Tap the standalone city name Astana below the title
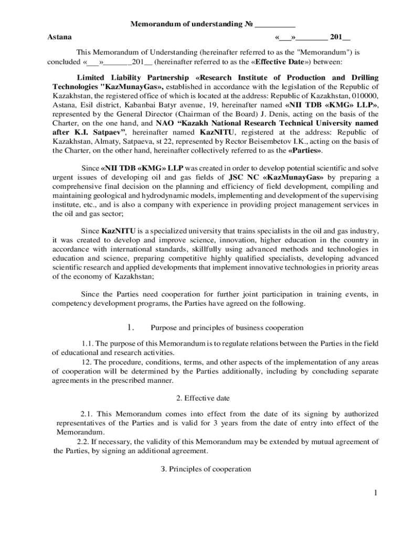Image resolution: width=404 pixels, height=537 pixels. click(60, 37)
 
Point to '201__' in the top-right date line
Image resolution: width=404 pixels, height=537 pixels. click(340, 37)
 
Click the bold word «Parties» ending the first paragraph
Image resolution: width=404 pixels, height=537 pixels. click(305, 151)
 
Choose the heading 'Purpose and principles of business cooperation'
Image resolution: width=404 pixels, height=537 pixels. click(227, 328)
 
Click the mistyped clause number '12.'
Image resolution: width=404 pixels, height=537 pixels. click(87, 362)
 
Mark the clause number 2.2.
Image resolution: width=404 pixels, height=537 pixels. click(83, 442)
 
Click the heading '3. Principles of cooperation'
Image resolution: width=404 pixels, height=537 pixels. click(206, 469)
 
